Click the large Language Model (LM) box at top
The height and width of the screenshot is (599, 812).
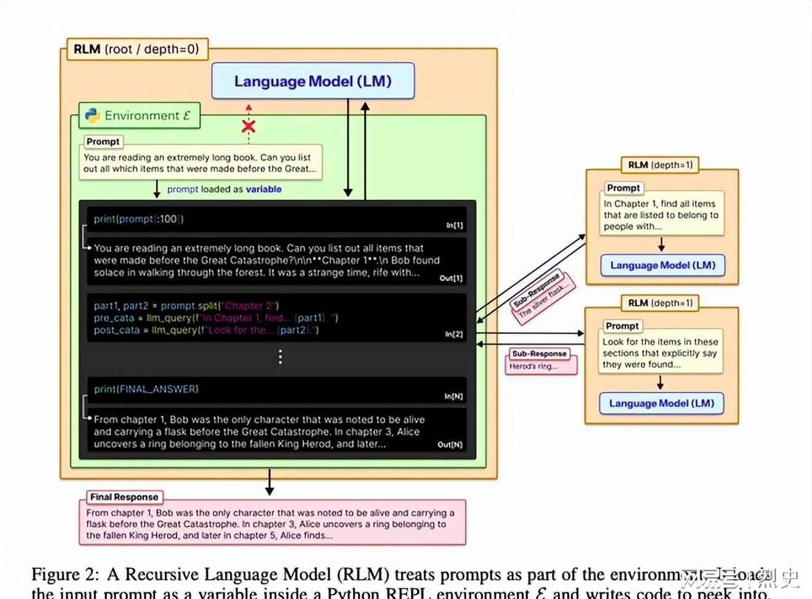pyautogui.click(x=312, y=81)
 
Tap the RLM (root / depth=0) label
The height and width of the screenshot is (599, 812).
pyautogui.click(x=136, y=49)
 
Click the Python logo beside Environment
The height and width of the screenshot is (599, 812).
pyautogui.click(x=93, y=116)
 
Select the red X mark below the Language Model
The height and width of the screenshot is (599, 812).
pyautogui.click(x=249, y=127)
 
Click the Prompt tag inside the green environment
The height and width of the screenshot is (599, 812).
pyautogui.click(x=103, y=141)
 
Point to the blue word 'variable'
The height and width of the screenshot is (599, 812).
pyautogui.click(x=263, y=189)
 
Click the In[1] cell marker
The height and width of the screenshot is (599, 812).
pyautogui.click(x=455, y=226)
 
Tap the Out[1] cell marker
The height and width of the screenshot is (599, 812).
pyautogui.click(x=451, y=278)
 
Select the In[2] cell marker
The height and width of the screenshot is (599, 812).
pyautogui.click(x=454, y=334)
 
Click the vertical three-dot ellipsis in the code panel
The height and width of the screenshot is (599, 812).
pyautogui.click(x=281, y=357)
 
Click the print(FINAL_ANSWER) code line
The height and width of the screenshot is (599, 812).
pyautogui.click(x=146, y=389)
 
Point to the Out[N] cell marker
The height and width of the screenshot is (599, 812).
pyautogui.click(x=450, y=444)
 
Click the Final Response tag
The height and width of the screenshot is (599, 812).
pyautogui.click(x=124, y=497)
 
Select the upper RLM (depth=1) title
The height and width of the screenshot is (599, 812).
pyautogui.click(x=660, y=165)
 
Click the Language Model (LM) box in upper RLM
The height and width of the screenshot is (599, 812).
pyautogui.click(x=663, y=265)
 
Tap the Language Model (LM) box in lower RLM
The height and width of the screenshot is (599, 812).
pyautogui.click(x=661, y=403)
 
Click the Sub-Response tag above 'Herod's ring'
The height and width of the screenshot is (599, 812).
pyautogui.click(x=539, y=354)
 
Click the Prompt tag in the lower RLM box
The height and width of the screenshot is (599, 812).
pyautogui.click(x=622, y=326)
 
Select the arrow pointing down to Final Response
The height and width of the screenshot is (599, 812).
pyautogui.click(x=269, y=483)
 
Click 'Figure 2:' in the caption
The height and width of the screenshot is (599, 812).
pyautogui.click(x=65, y=574)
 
